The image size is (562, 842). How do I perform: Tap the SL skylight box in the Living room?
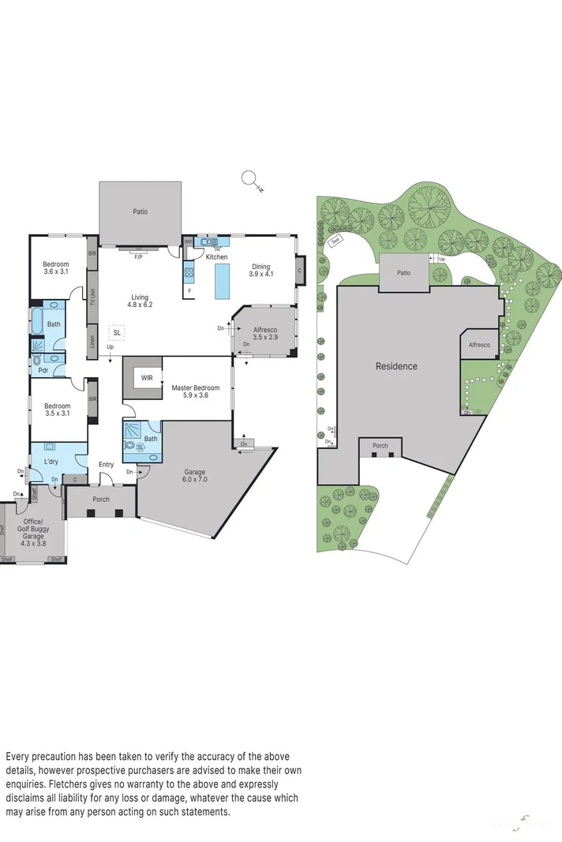coord(116,332)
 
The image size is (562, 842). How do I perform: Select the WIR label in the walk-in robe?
coord(147,378)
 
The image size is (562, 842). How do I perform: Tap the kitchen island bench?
coord(223,280)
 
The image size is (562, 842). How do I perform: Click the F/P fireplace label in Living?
coord(139,257)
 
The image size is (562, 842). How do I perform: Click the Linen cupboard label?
coord(92,341)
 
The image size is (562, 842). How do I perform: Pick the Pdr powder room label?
coord(43,368)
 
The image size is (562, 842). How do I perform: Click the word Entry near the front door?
coord(106,464)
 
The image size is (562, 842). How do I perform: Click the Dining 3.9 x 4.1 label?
coord(260,270)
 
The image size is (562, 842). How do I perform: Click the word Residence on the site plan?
coord(396,366)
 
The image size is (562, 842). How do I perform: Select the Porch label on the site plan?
coord(380,446)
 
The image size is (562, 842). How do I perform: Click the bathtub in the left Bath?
coord(36,324)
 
